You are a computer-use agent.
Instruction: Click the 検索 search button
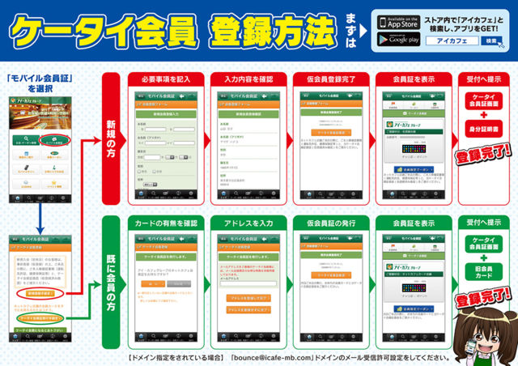point(490,41)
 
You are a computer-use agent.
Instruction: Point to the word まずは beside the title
point(349,32)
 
